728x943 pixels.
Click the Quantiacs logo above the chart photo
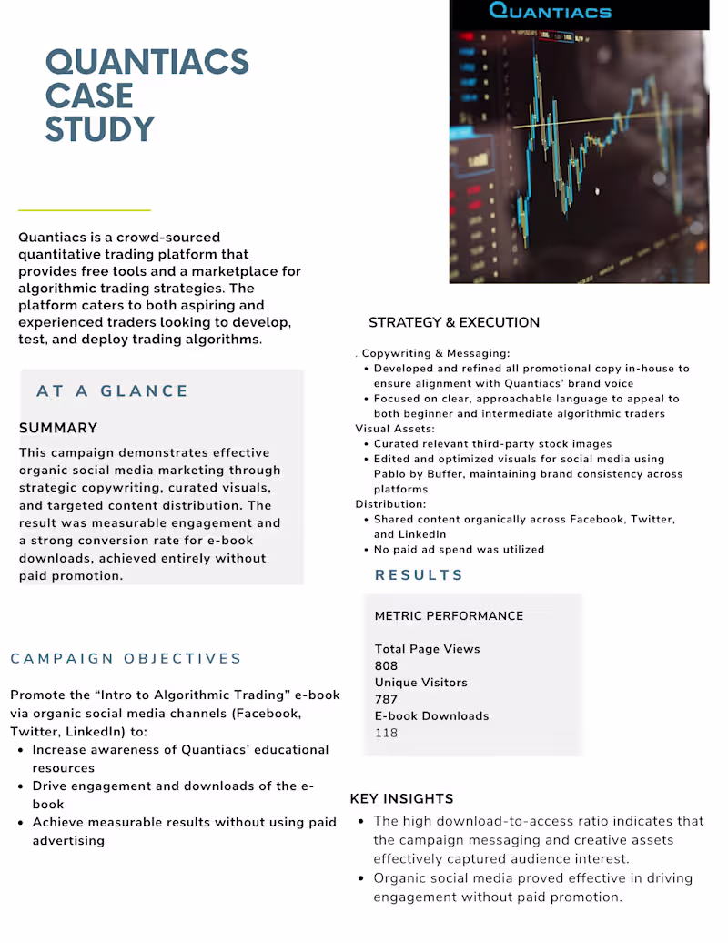550,12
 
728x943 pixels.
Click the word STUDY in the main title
100,129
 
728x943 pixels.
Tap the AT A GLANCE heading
112,391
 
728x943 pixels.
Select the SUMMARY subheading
58,428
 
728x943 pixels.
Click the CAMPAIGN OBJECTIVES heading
126,658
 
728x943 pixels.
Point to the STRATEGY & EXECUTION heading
453,322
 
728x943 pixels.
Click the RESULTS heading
419,575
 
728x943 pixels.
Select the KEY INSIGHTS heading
401,798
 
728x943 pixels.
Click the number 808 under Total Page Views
386,665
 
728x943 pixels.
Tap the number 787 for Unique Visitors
386,699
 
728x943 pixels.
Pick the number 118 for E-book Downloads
386,733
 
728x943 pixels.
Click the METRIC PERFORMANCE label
449,615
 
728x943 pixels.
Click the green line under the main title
84,210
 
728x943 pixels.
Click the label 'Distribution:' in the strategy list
390,503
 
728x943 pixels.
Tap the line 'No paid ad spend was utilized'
459,550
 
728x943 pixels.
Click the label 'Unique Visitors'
420,683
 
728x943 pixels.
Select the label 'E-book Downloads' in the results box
431,716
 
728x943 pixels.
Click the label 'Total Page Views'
427,649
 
